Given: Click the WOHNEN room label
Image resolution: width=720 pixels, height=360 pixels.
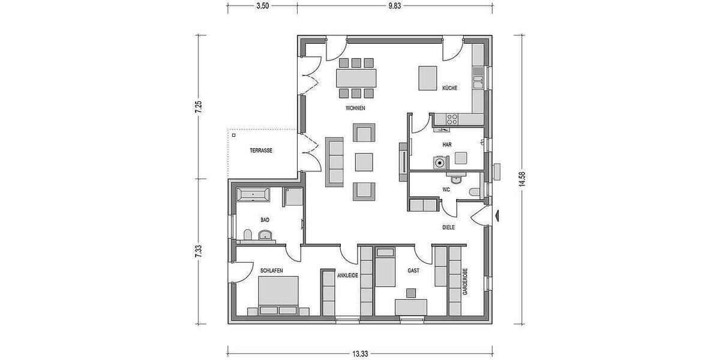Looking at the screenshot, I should [x=355, y=109].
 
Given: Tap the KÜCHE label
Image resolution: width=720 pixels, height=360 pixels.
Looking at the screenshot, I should [x=450, y=88].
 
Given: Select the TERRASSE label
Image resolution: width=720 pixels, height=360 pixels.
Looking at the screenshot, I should [x=262, y=151].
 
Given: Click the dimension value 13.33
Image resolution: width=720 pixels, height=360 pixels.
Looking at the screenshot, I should [x=360, y=354].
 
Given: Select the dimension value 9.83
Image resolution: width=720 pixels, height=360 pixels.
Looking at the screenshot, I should [x=394, y=5].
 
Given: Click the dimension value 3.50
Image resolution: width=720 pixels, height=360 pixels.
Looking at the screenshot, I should [x=262, y=5].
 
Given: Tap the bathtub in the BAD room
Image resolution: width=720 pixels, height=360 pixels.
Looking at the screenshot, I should [x=254, y=194].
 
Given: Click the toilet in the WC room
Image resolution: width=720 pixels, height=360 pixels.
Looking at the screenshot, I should [x=475, y=192].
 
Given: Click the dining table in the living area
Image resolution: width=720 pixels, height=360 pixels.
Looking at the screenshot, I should [x=357, y=77].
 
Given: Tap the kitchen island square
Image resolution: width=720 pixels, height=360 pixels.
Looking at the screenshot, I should [x=428, y=77].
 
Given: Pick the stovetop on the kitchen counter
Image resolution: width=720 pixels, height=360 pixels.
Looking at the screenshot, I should [x=451, y=118].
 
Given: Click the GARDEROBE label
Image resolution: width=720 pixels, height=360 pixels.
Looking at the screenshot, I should [x=465, y=282].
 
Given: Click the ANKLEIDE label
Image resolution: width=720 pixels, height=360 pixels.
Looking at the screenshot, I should [x=348, y=275].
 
